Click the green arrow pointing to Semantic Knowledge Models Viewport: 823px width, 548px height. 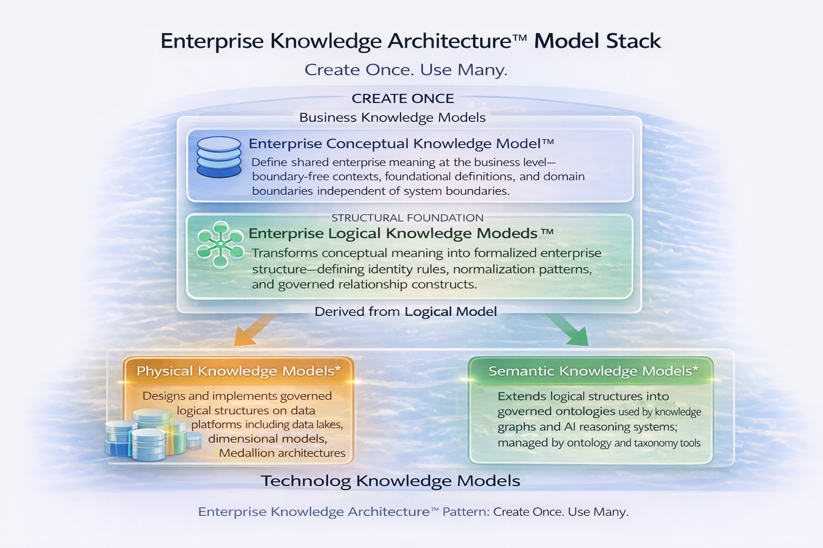(x=568, y=330)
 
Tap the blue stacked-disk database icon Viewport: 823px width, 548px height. (x=219, y=157)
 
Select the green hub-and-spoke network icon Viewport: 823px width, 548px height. (x=220, y=245)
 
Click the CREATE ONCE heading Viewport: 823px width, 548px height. (x=403, y=98)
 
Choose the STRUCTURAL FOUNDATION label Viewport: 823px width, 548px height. (x=407, y=218)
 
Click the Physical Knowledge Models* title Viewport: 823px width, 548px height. (x=239, y=371)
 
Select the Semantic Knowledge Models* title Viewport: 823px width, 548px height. (x=593, y=371)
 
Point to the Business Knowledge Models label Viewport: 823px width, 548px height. (x=392, y=117)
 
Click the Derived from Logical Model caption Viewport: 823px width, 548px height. (x=406, y=311)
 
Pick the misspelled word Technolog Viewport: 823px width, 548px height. (x=306, y=481)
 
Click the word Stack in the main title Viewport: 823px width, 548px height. (x=633, y=41)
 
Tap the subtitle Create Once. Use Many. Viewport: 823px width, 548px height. (x=406, y=70)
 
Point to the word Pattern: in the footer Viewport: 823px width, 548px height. (x=466, y=512)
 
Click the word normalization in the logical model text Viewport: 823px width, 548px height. (x=493, y=269)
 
